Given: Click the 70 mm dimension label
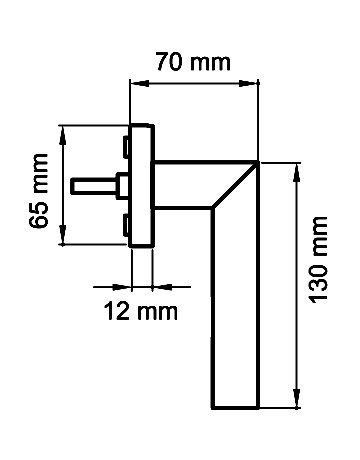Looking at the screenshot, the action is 193,62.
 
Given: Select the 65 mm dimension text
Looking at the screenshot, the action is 38,191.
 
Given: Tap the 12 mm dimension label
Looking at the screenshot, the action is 141,311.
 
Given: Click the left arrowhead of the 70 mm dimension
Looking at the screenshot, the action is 139,83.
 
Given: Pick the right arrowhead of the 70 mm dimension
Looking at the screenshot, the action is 249,83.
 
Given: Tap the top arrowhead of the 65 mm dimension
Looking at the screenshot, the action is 62,135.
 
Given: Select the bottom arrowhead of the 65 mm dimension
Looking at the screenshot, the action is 62,235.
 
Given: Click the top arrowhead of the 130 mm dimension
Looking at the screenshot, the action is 296,172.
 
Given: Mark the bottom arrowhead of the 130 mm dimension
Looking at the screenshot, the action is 296,398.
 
